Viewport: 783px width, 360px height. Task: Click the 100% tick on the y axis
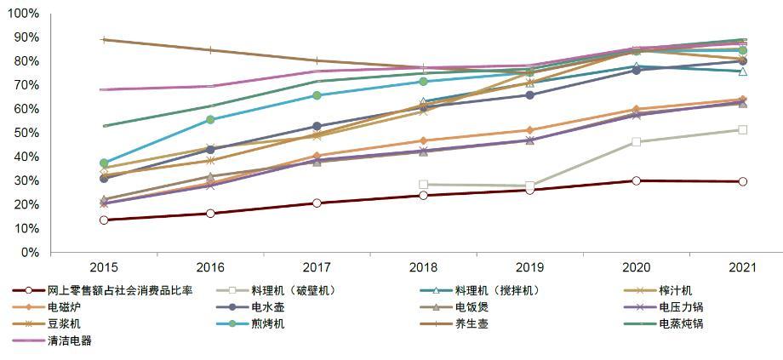point(23,14)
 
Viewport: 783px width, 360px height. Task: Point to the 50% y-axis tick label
point(26,133)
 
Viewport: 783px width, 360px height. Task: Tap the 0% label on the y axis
point(30,253)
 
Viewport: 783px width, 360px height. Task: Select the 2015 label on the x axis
point(104,267)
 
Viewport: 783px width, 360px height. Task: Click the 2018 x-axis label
point(423,267)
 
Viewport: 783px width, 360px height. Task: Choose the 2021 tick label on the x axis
point(742,267)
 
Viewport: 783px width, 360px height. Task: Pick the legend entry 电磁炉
point(63,307)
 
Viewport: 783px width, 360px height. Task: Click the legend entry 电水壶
point(267,307)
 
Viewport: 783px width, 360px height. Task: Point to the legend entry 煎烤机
point(267,324)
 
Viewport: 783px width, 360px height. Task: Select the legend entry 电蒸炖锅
point(681,324)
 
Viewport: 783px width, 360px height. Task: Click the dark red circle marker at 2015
point(104,220)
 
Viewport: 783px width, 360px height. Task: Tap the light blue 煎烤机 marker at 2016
point(210,120)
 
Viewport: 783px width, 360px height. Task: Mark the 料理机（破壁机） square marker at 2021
point(742,130)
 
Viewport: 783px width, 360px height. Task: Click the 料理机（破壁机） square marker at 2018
point(423,184)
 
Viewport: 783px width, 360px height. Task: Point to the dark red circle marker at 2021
point(742,181)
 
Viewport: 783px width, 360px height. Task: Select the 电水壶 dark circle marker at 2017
point(317,127)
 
